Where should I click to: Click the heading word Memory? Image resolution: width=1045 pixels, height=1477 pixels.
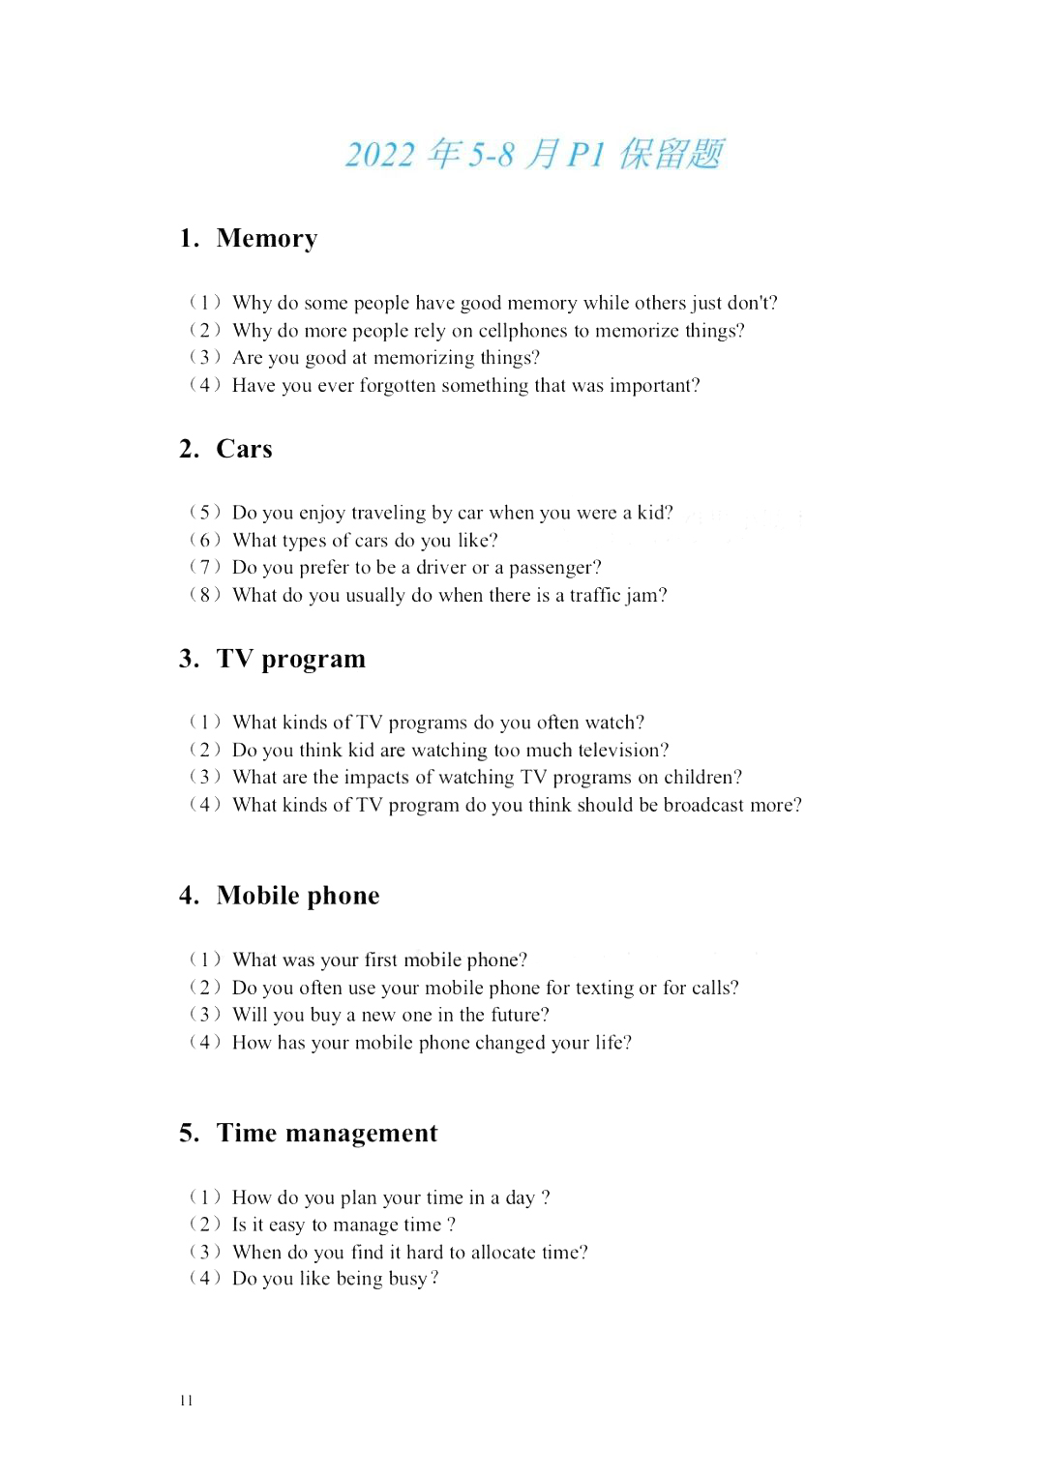pos(266,238)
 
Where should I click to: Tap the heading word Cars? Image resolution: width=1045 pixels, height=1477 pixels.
pos(244,449)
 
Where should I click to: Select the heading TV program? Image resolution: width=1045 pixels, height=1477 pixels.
pos(290,659)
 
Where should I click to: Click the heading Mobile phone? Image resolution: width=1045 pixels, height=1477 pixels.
pos(297,896)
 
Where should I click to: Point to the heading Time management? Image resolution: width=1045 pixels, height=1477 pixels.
pos(326,1133)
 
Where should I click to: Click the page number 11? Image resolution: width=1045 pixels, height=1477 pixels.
pos(186,1401)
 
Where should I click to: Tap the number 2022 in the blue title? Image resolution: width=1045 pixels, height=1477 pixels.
pos(380,155)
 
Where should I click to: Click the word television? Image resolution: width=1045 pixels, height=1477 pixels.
pos(621,751)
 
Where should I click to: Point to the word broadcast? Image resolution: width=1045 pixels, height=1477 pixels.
pos(710,805)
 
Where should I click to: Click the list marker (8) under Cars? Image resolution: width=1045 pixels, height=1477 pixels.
pos(205,595)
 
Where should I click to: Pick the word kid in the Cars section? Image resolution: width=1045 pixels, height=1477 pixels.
pos(652,513)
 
